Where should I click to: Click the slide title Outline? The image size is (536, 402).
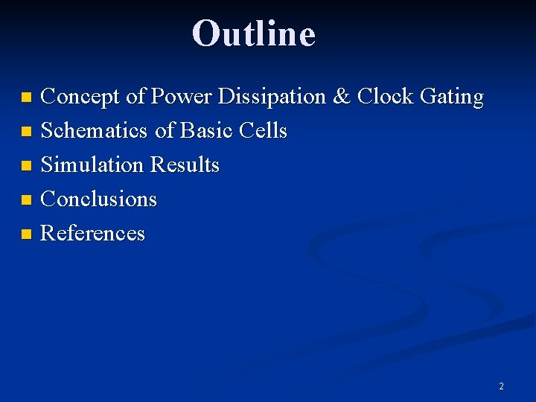pos(254,33)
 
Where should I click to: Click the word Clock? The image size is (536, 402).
pos(386,97)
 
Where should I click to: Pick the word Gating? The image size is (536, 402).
pos(452,98)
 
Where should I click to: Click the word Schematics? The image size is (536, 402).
pos(95,131)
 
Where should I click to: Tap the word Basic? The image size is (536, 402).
pos(206,131)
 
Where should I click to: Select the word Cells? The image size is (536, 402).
pos(264,131)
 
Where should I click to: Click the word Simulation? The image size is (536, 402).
pos(93,165)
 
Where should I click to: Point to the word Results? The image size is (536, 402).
pos(185,165)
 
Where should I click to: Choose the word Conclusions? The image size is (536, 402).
pos(98,199)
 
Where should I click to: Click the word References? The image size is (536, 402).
pos(92,233)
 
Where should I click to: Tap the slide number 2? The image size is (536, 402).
pos(501,386)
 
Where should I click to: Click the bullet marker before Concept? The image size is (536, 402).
pos(27,98)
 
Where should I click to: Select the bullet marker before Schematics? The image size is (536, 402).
pos(27,132)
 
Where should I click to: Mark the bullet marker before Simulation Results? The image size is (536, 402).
pos(27,166)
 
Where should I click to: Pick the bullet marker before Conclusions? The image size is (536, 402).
pos(27,200)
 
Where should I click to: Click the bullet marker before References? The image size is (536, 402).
pos(27,234)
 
